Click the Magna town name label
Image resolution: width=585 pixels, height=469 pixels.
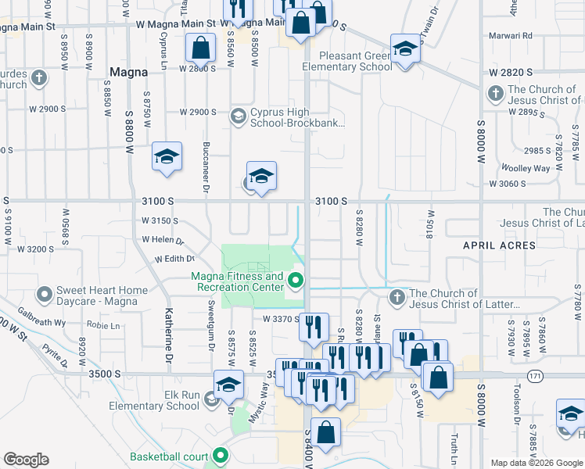[x=129, y=72]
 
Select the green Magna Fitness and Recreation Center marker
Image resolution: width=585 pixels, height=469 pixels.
[x=296, y=281]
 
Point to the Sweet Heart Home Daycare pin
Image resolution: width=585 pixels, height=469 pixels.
[x=44, y=295]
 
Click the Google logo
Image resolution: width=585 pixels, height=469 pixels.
[x=25, y=460]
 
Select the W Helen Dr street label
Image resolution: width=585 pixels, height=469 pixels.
[x=162, y=240]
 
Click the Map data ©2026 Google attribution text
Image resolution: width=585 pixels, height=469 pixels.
[x=536, y=463]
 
